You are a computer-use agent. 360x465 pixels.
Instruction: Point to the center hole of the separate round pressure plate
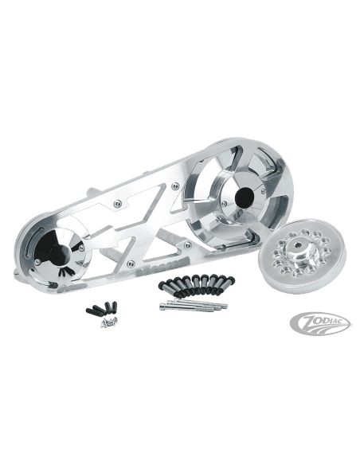tap(297, 244)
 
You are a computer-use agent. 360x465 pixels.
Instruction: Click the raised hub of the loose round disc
tap(296, 248)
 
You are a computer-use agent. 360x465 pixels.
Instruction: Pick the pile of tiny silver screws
tap(109, 322)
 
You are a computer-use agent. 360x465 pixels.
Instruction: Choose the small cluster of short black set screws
tap(101, 308)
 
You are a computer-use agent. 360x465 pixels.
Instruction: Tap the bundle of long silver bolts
tap(194, 304)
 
